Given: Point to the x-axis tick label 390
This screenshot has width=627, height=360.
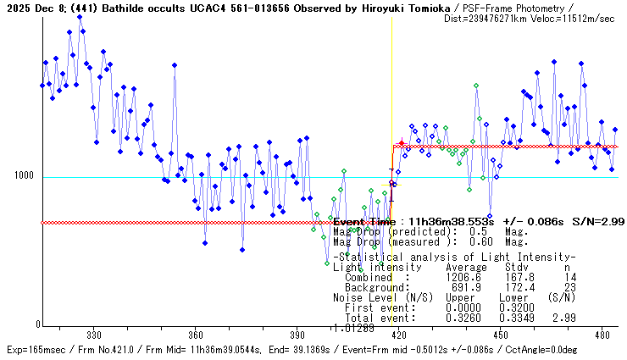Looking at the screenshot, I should point(297,334).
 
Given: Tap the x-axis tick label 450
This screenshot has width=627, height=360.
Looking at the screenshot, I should point(500,334).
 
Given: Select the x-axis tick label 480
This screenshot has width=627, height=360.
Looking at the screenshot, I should point(602,334).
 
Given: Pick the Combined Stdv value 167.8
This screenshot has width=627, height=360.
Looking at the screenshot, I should point(519,276).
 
